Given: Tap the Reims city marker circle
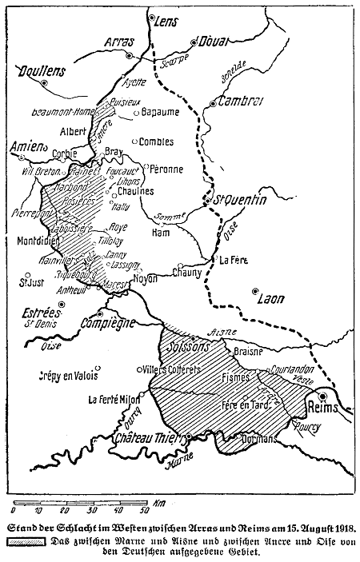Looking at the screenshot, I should (322, 395).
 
